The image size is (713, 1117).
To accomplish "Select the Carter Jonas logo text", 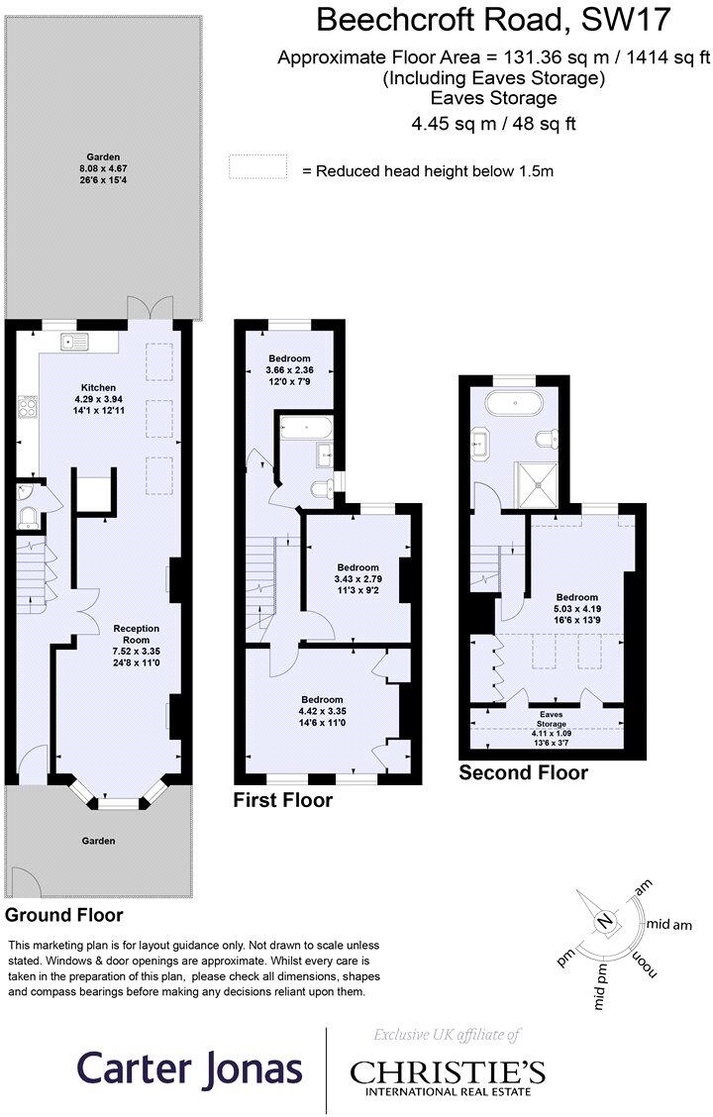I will click(x=190, y=1069).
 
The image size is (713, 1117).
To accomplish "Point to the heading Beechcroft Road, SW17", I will click(x=493, y=19).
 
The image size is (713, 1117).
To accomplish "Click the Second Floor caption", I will click(x=523, y=772).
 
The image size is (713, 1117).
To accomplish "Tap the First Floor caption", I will click(x=283, y=799).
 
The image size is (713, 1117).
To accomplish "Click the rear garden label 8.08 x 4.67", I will click(x=102, y=168).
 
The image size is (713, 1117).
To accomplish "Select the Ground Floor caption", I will click(x=64, y=914).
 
